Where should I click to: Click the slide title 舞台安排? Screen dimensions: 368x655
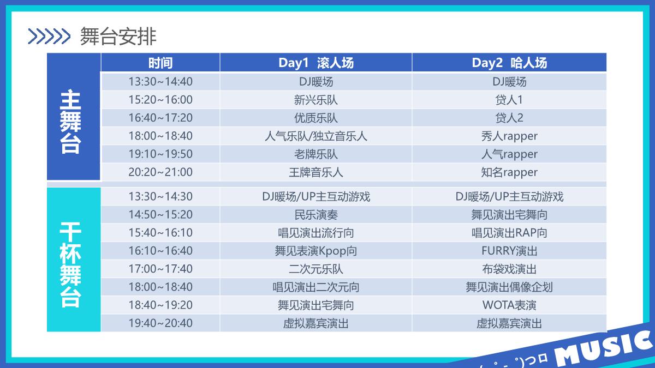pos(118,37)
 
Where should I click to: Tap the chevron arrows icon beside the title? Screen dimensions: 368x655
pos(49,37)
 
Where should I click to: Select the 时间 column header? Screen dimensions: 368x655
pos(160,63)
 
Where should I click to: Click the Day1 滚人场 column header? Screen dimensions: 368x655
pos(315,63)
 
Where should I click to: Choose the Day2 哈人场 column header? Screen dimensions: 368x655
pos(509,63)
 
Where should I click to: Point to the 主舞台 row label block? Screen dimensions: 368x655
pos(73,121)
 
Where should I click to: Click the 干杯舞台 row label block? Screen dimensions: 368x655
pos(73,259)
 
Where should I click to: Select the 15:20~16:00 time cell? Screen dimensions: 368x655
pos(160,100)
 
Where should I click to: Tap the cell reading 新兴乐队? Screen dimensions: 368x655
pos(315,100)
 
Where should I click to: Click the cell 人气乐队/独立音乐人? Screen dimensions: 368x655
pos(315,136)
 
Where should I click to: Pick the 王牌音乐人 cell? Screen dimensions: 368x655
pos(315,172)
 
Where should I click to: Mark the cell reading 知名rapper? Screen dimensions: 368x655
pos(509,172)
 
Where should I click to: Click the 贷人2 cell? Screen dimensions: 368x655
pos(509,118)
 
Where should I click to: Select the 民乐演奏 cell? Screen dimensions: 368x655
pos(315,215)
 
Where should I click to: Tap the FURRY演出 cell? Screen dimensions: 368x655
pos(509,251)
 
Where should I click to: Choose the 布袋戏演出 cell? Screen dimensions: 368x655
pos(509,269)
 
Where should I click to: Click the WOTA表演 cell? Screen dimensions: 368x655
pos(509,305)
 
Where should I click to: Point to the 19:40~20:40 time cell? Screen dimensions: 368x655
pos(160,323)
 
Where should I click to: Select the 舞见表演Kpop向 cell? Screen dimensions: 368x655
pos(315,251)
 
